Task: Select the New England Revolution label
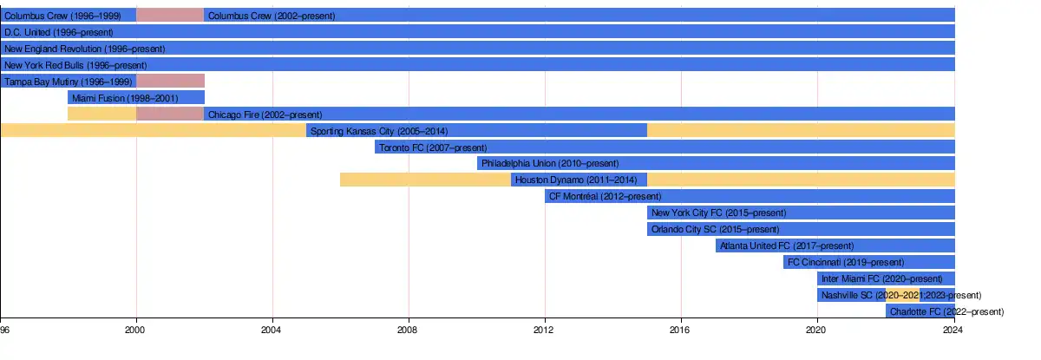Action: [84, 49]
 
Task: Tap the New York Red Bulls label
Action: [75, 65]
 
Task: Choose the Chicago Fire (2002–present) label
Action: [265, 115]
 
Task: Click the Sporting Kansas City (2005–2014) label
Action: [378, 131]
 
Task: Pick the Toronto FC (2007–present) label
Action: [433, 147]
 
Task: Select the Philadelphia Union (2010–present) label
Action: [550, 163]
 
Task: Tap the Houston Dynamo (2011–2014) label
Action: [576, 180]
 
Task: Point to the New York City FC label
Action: [718, 213]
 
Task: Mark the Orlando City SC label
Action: [715, 229]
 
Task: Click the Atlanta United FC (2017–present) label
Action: [787, 245]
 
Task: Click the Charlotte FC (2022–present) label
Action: [946, 311]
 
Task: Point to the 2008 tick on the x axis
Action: [409, 330]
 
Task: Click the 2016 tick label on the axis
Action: [681, 330]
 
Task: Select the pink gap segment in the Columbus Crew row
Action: [170, 16]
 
